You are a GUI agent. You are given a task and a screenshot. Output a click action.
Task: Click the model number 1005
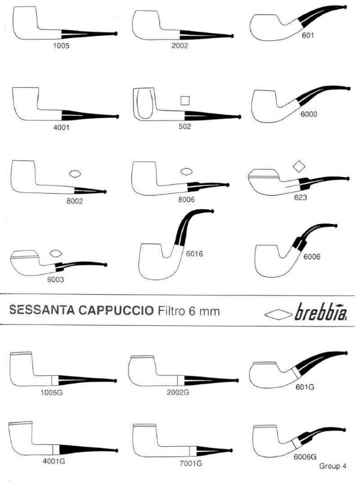pyautogui.click(x=61, y=46)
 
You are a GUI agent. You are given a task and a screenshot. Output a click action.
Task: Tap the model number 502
pyautogui.click(x=185, y=126)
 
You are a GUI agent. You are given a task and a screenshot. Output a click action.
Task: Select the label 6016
pyautogui.click(x=194, y=253)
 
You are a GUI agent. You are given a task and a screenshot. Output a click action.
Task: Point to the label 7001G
pyautogui.click(x=191, y=463)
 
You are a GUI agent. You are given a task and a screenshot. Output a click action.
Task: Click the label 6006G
pyautogui.click(x=305, y=456)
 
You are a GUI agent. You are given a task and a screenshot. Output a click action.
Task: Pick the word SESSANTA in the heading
pyautogui.click(x=42, y=310)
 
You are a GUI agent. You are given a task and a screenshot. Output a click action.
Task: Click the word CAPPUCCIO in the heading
pyautogui.click(x=116, y=310)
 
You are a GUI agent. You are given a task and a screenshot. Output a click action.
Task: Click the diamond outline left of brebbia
pyautogui.click(x=278, y=314)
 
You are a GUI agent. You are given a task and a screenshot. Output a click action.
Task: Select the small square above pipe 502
pyautogui.click(x=185, y=100)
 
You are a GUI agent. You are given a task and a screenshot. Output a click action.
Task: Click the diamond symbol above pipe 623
pyautogui.click(x=299, y=166)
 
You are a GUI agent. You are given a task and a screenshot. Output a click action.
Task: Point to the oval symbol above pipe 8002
pyautogui.click(x=75, y=174)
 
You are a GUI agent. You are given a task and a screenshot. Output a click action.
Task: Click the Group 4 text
pyautogui.click(x=332, y=466)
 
